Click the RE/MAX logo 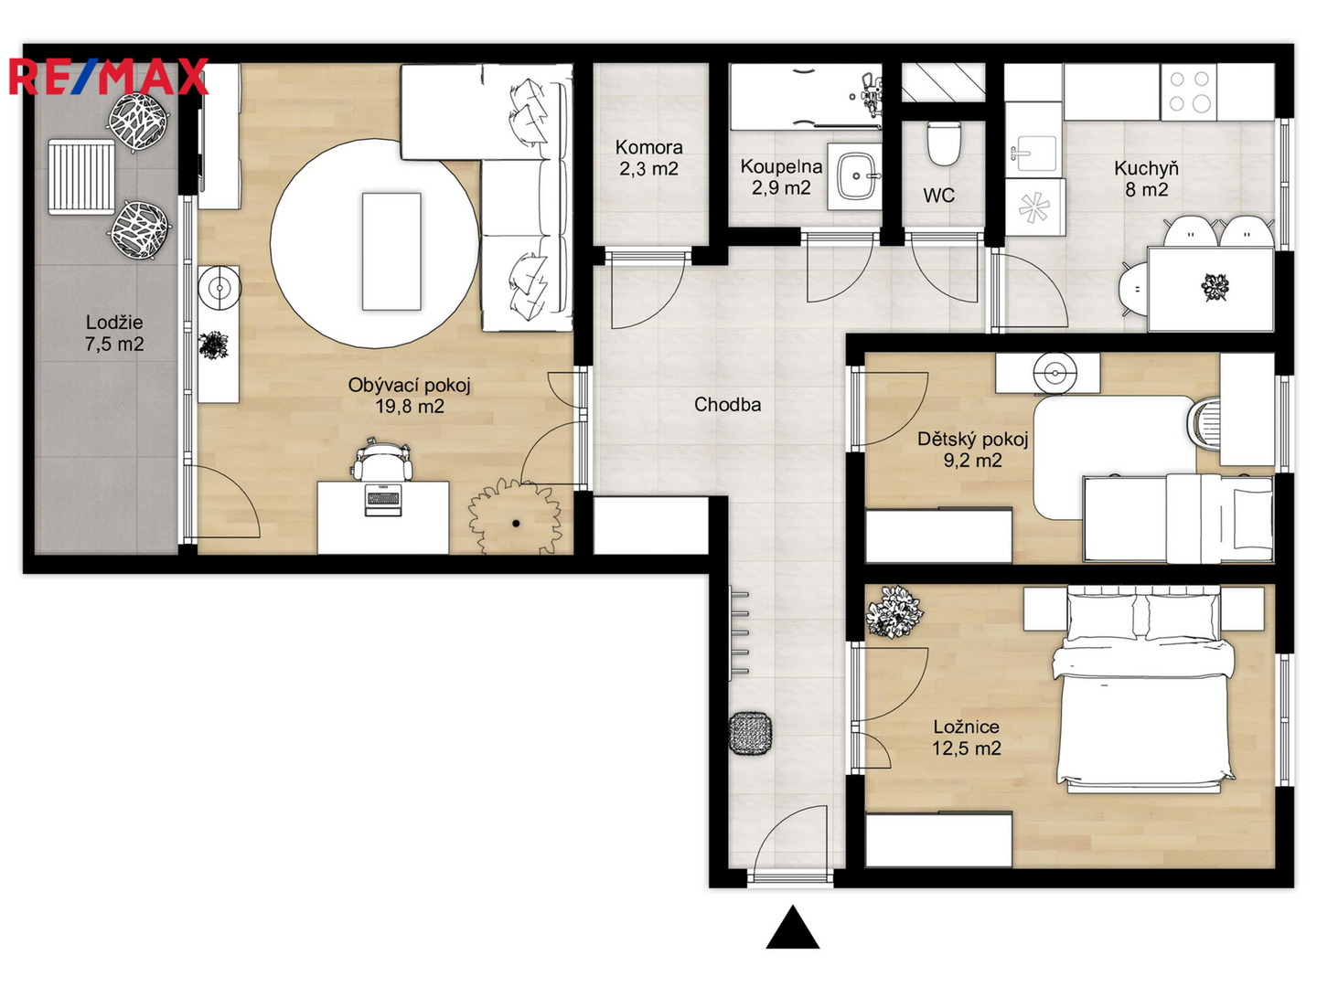click(x=109, y=77)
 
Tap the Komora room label click(x=648, y=147)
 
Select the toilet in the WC click(x=944, y=143)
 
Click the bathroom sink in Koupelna click(x=856, y=176)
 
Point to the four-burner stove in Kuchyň click(x=1189, y=92)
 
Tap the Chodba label click(x=727, y=405)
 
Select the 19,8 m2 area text click(x=410, y=407)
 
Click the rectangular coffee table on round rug click(x=391, y=251)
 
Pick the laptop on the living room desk click(x=383, y=499)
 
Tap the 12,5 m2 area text click(x=966, y=748)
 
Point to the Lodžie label click(x=114, y=323)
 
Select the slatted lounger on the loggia click(x=81, y=176)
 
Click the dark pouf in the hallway click(x=750, y=733)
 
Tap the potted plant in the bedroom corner click(x=894, y=612)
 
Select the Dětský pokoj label click(x=972, y=440)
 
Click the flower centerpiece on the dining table click(x=1215, y=287)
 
